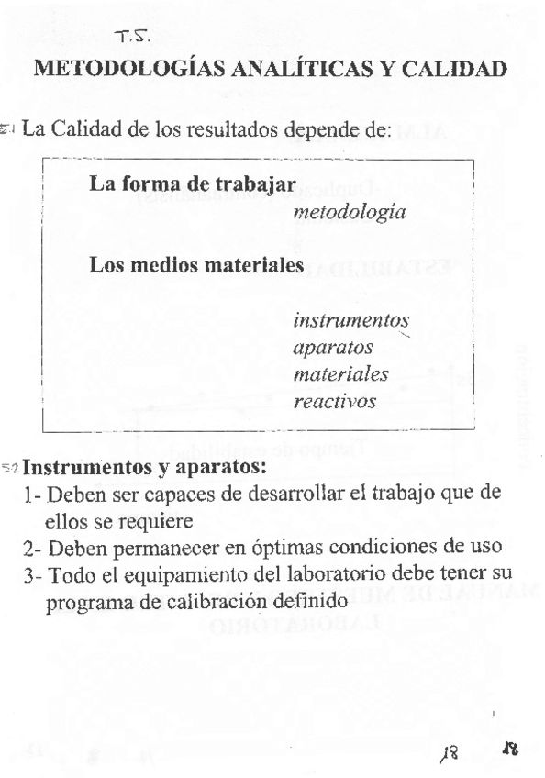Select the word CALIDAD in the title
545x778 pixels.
click(457, 70)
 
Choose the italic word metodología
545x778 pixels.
click(349, 212)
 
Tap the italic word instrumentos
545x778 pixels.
click(350, 321)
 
